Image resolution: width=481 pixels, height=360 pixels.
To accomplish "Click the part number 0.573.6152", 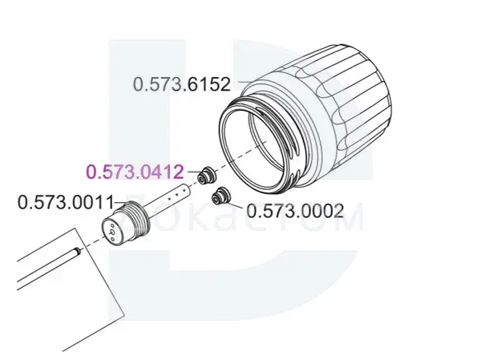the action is [182, 84].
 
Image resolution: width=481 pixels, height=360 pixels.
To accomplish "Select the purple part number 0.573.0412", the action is [135, 172].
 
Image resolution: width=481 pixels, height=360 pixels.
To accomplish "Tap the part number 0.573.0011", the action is [66, 202].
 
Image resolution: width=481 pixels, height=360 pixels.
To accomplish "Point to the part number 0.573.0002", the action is [295, 211].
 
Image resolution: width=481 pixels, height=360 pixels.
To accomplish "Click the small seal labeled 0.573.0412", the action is [206, 176].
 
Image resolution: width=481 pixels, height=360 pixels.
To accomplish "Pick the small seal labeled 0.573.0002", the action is [221, 195].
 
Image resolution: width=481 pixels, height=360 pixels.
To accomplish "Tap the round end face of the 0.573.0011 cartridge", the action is [112, 230].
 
